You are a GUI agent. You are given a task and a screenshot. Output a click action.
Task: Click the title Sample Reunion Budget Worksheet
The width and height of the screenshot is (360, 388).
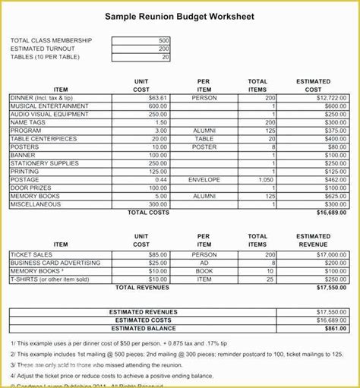[180, 16]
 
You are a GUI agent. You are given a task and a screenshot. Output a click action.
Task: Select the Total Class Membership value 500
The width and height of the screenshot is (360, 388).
[164, 40]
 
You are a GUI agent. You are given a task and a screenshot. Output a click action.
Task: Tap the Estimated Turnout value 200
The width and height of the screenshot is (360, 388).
[164, 49]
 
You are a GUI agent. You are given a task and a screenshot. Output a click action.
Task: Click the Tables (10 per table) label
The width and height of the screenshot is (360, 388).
[46, 57]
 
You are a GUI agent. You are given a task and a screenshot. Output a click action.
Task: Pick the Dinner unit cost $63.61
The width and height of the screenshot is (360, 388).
[158, 98]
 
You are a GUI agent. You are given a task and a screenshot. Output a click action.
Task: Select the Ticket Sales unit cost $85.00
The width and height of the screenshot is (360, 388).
[158, 254]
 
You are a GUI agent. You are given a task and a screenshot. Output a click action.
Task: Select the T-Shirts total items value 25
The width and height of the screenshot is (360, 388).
[270, 279]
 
